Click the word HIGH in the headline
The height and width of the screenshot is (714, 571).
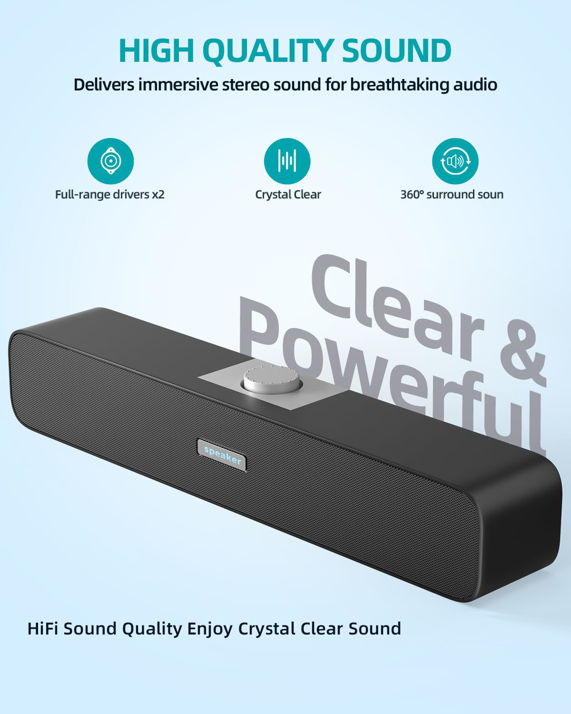[156, 50]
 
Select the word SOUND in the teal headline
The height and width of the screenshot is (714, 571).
[396, 50]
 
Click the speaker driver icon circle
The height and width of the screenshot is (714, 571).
[110, 161]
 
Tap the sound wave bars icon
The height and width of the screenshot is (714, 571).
[287, 161]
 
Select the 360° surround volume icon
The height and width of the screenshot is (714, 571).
[455, 161]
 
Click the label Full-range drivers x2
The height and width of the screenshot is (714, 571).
[110, 194]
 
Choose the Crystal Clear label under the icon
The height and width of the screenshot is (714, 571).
[288, 194]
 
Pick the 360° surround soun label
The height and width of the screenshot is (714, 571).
[452, 194]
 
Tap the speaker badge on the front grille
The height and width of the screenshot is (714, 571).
[222, 455]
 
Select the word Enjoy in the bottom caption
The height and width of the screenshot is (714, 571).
[210, 629]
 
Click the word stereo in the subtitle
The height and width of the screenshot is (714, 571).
[246, 85]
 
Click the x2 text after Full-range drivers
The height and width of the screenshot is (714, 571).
[158, 195]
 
